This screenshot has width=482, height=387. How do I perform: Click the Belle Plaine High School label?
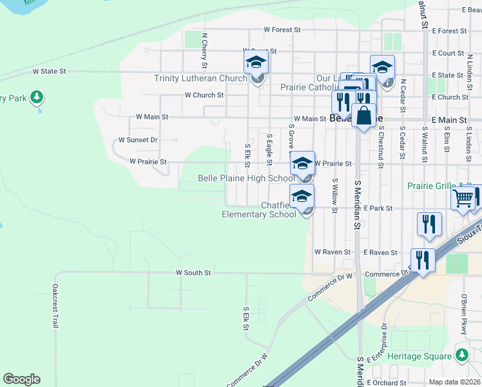[246, 178]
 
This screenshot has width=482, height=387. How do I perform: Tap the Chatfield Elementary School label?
[258, 210]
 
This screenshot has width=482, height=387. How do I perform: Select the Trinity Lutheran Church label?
[200, 79]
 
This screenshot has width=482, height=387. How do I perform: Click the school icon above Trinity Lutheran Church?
[256, 63]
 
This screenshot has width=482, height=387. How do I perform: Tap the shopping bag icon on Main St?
[363, 115]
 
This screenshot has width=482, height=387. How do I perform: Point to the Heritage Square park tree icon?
[461, 355]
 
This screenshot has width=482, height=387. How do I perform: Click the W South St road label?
[193, 273]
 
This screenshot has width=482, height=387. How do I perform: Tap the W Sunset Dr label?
[138, 140]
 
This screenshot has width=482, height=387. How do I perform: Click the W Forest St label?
[282, 30]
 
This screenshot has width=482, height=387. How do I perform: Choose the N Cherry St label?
[204, 51]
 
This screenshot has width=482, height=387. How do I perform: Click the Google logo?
[21, 379]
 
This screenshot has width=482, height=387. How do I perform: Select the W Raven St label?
[333, 252]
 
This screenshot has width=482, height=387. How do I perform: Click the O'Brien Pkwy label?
[463, 314]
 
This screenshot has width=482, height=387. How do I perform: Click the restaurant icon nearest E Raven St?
[421, 260]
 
